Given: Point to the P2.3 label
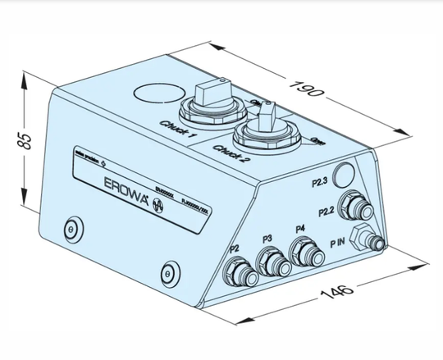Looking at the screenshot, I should point(319,180).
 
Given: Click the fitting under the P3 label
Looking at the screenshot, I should point(272,262).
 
